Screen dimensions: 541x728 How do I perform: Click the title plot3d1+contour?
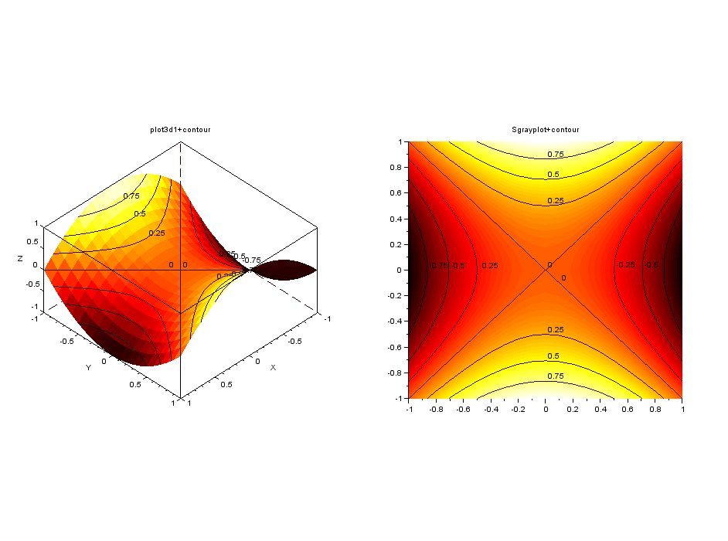pos(180,130)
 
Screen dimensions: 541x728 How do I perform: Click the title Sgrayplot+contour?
pos(546,130)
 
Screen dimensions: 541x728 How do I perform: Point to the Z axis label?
pos(20,259)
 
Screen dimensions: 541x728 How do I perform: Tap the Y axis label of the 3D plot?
pos(88,368)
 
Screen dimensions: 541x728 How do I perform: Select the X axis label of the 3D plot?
pos(273,367)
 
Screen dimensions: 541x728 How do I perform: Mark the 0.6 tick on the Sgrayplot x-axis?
pos(627,409)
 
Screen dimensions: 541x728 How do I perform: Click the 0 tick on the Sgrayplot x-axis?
pos(546,409)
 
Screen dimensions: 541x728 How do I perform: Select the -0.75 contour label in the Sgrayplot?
pos(438,266)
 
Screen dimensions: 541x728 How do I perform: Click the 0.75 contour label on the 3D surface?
pos(131,196)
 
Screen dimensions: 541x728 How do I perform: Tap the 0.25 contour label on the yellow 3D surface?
pos(157,233)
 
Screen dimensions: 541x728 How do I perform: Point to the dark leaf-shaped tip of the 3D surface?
pos(286,270)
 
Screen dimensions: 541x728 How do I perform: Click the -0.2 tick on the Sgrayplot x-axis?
pos(517,409)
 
